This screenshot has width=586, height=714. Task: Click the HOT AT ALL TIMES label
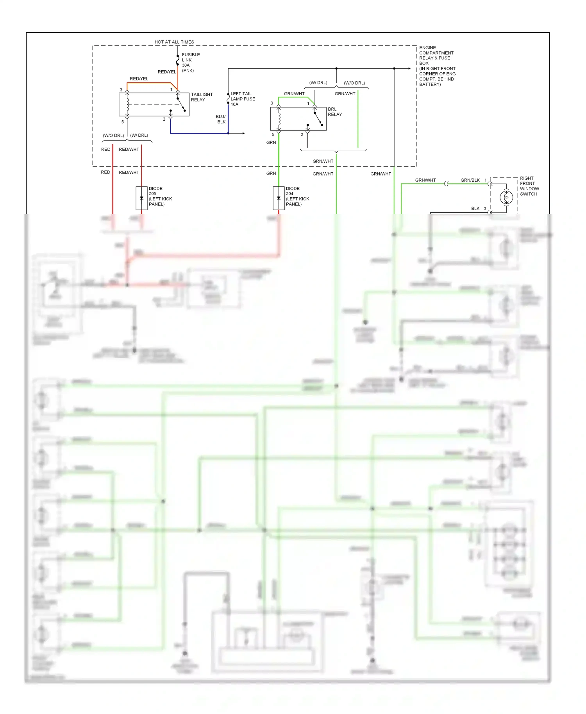pos(174,42)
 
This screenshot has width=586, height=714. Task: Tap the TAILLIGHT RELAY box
pos(154,104)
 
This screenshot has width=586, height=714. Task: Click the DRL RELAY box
pos(298,119)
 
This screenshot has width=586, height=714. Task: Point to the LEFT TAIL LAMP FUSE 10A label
pos(243,99)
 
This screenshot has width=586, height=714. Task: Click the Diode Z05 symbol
pos(141,198)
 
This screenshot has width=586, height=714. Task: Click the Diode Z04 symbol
pos(279,198)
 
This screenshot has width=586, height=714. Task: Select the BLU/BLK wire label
pos(221,119)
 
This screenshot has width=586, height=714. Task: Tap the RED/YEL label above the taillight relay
pos(139,79)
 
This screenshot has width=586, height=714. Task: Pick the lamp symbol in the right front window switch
pos(506,197)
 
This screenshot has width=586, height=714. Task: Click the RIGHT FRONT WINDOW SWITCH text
pos(529,186)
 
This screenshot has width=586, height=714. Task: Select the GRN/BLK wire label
pos(470,180)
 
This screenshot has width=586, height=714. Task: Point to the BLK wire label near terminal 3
pos(475,209)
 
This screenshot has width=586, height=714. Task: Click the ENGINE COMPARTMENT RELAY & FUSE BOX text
pos(437,66)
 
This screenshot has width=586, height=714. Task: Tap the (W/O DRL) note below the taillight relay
pos(113,136)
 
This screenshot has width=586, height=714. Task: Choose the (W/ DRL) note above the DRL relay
pos(318,83)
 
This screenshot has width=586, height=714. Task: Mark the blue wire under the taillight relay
pos(199,133)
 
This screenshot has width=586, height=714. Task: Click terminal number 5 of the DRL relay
pos(273,134)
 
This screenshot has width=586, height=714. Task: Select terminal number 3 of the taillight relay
pos(121,90)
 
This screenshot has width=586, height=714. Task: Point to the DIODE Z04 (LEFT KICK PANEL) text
pos(297,196)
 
